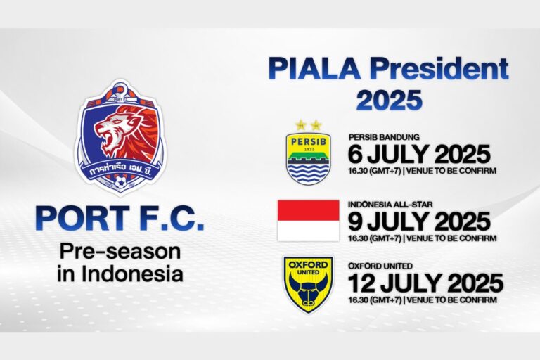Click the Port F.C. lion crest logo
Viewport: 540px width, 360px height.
(120, 138)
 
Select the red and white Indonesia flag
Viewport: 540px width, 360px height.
(308, 220)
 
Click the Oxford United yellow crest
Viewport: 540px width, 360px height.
(308, 284)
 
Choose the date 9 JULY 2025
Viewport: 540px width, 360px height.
(419, 221)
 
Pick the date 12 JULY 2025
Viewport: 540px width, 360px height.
(425, 283)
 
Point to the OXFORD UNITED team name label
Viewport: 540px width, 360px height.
(380, 267)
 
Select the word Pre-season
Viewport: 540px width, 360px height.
(120, 251)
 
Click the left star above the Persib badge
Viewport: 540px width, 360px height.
(301, 124)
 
